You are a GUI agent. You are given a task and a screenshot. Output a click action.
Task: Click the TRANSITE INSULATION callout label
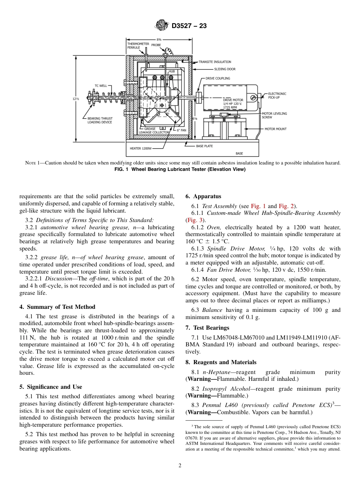[x=217, y=62]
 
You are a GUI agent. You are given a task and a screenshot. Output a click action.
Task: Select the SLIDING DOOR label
[x=225, y=69]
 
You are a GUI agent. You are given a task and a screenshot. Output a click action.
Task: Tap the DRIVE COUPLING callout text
[x=218, y=78]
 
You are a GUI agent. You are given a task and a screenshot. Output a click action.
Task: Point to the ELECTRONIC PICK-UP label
[x=277, y=95]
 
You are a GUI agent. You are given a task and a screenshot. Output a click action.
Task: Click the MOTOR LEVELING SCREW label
[x=274, y=115]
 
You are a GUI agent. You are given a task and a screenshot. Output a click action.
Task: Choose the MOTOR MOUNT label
[x=275, y=129]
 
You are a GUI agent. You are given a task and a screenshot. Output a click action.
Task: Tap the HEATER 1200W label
[x=141, y=149]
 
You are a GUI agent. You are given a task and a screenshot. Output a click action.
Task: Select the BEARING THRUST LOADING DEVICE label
[x=97, y=121]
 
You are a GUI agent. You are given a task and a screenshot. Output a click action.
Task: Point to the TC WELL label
[x=101, y=86]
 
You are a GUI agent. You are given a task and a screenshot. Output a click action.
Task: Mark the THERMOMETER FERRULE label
[x=138, y=46]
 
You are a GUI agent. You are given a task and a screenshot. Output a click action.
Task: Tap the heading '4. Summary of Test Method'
[x=57, y=307]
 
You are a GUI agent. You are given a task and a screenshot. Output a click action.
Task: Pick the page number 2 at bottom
[x=180, y=466]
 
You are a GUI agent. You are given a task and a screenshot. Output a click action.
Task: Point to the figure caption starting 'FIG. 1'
[x=180, y=169]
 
